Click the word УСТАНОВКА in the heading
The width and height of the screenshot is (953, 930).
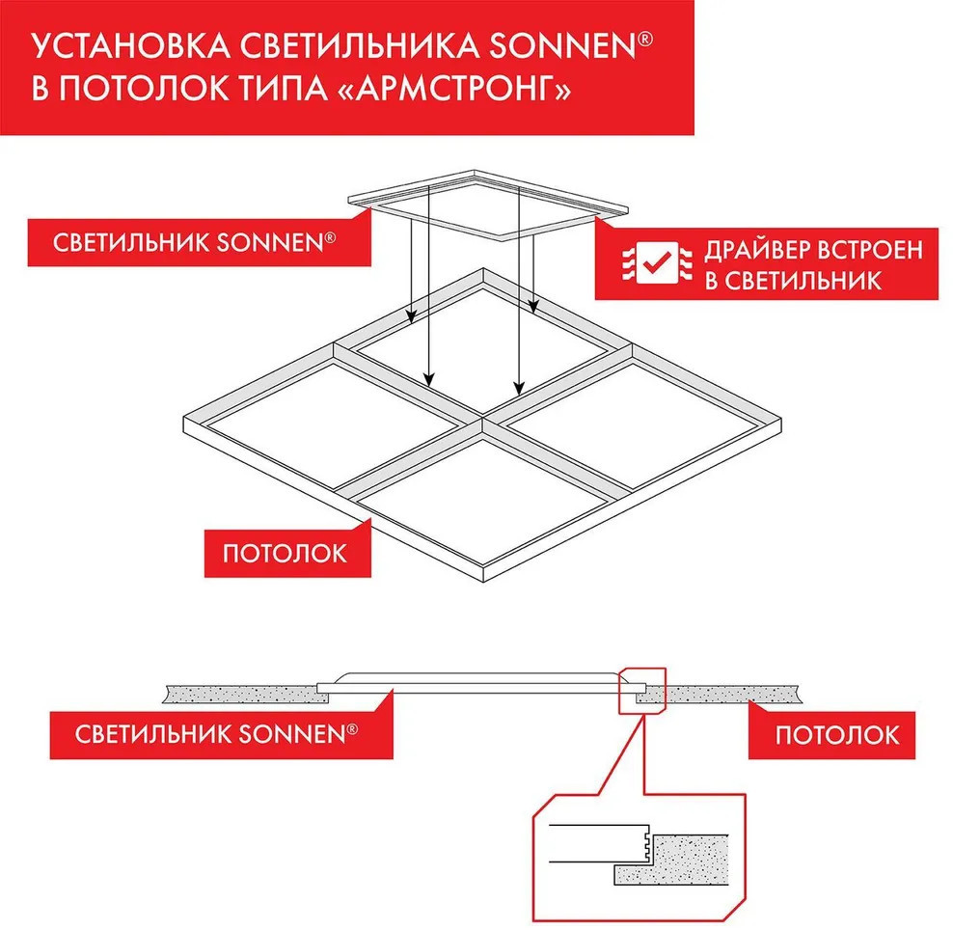pyautogui.click(x=130, y=46)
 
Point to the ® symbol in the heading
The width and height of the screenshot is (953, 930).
pyautogui.click(x=645, y=40)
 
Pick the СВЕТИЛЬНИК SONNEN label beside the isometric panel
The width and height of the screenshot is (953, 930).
pyautogui.click(x=195, y=242)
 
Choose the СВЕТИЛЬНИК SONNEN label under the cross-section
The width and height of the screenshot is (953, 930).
pyautogui.click(x=216, y=734)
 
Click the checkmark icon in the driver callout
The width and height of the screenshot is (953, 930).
pyautogui.click(x=657, y=262)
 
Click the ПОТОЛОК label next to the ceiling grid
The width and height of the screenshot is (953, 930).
pyautogui.click(x=285, y=554)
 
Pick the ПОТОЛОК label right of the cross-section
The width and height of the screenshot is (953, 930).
pyautogui.click(x=837, y=735)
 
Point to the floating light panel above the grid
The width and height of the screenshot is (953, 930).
pyautogui.click(x=487, y=205)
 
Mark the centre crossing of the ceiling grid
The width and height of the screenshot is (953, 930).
pyautogui.click(x=482, y=418)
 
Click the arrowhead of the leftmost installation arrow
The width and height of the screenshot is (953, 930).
pyautogui.click(x=412, y=317)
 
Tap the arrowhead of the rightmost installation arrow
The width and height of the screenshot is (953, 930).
pyautogui.click(x=533, y=307)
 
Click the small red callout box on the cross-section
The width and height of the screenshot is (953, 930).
pyautogui.click(x=642, y=691)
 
